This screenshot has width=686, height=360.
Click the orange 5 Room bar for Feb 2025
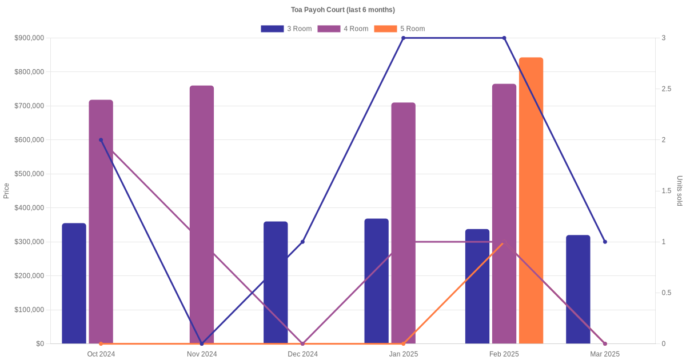[x=531, y=200]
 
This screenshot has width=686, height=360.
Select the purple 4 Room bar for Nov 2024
[x=202, y=214]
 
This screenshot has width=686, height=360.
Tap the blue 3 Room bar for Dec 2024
[x=276, y=282]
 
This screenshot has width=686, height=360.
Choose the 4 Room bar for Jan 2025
[x=404, y=223]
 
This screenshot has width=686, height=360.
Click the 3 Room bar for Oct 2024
[x=74, y=283]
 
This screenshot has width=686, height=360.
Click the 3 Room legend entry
[x=286, y=29]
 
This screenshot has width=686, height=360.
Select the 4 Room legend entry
[x=343, y=29]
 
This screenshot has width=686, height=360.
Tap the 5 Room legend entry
[x=400, y=29]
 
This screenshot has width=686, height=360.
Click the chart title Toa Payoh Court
[x=343, y=10]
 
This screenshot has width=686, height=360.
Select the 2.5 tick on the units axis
[x=667, y=89]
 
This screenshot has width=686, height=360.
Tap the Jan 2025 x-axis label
[x=404, y=354]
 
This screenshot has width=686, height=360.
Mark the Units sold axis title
[x=680, y=191]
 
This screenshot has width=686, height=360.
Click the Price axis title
[x=6, y=191]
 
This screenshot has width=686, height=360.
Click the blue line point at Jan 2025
[x=404, y=38]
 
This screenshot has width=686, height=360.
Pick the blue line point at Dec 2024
[x=302, y=242]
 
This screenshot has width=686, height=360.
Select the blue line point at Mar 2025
[x=605, y=242]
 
